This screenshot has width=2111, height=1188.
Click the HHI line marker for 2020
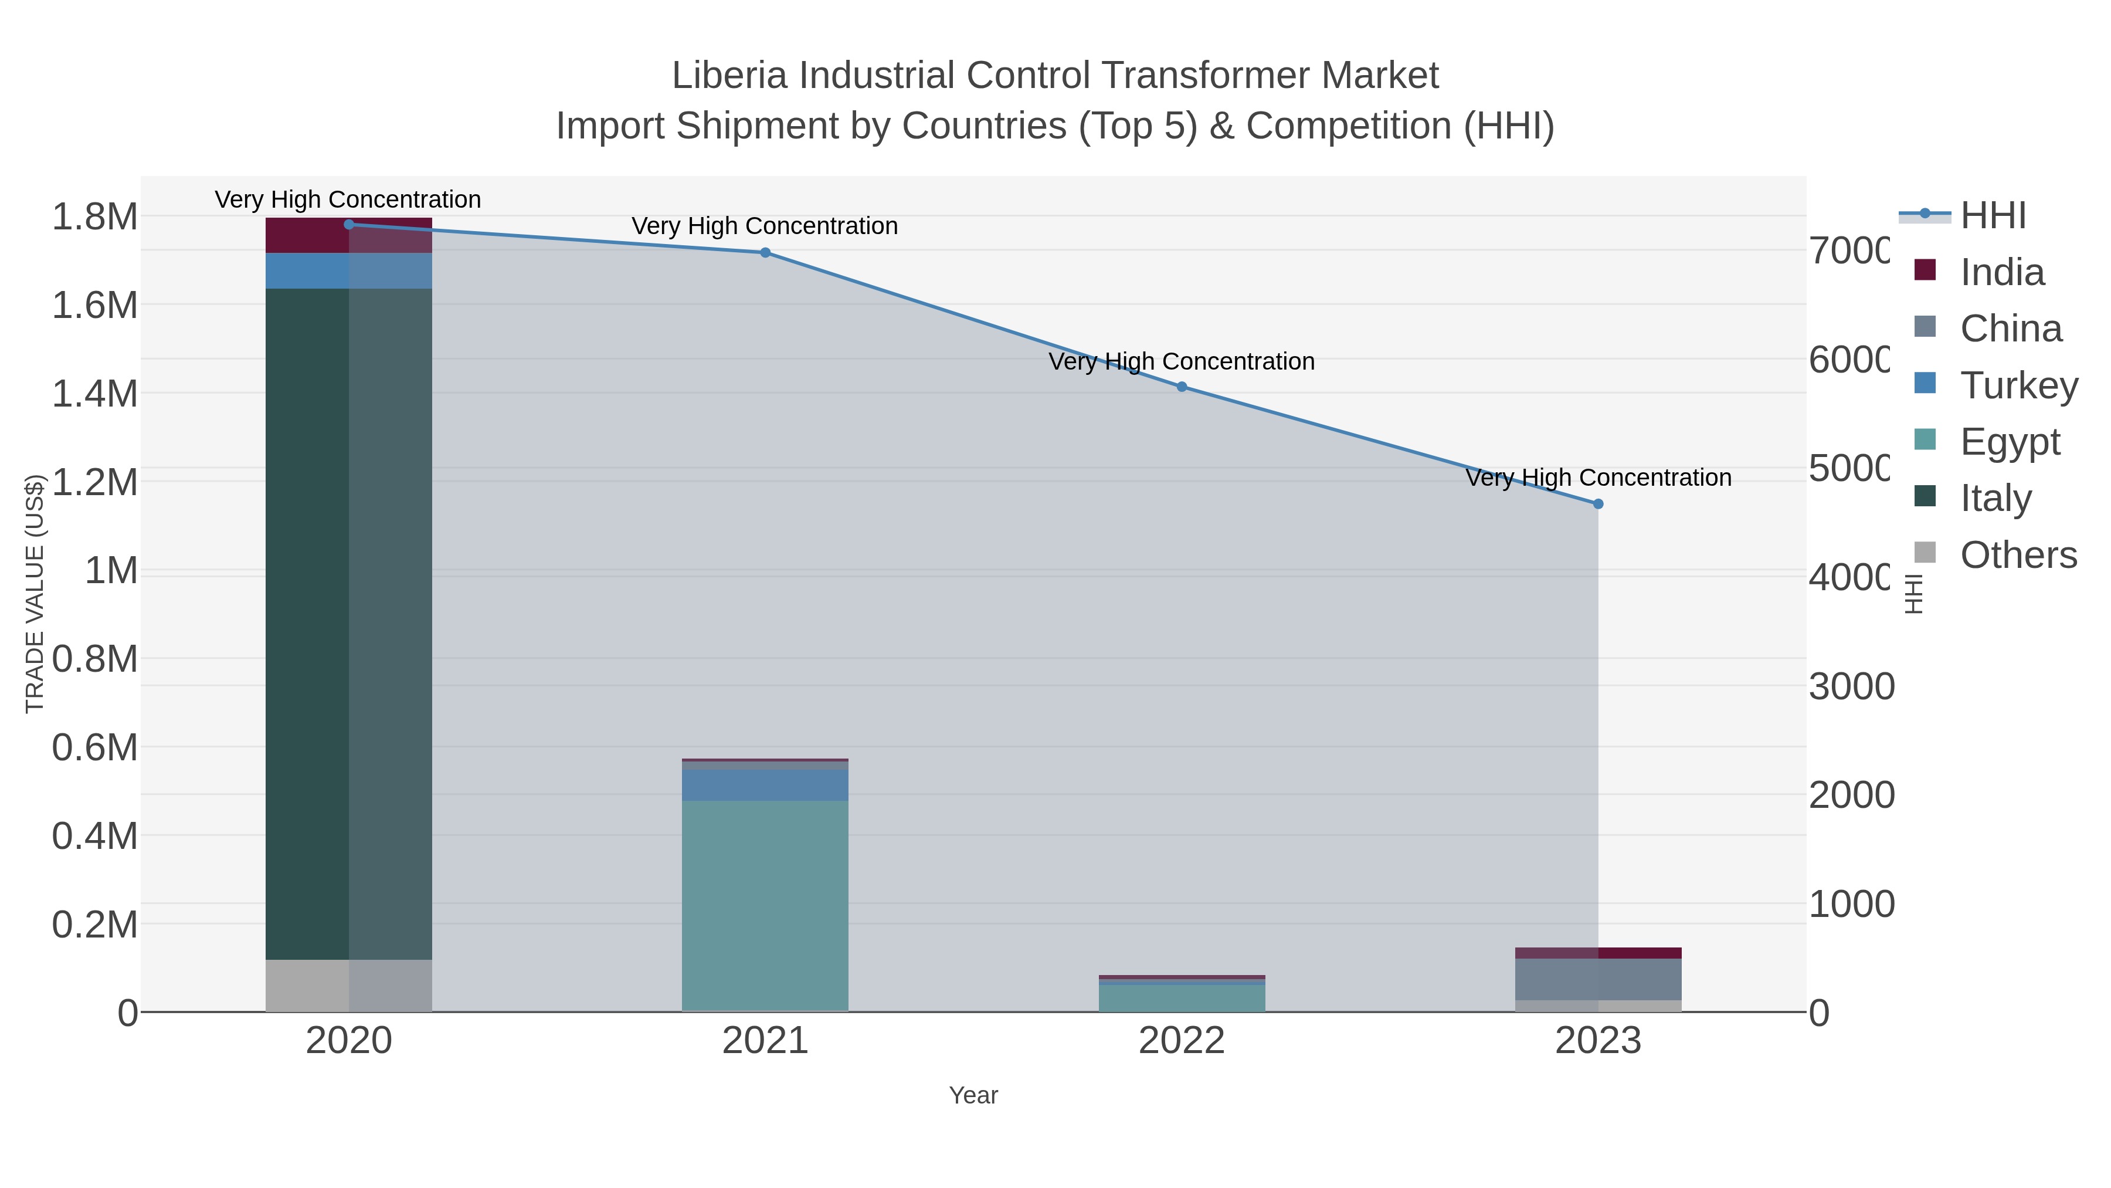click(x=349, y=225)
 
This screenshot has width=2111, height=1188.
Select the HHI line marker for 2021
click(x=765, y=252)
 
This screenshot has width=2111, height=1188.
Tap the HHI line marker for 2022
click(x=1182, y=387)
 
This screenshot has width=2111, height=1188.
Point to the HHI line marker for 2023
click(x=1598, y=504)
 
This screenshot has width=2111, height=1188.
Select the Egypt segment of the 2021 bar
click(x=765, y=905)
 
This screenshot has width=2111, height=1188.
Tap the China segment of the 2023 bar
click(x=1598, y=979)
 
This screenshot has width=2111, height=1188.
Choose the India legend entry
click(x=2002, y=272)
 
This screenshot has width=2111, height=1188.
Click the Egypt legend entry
click(x=2010, y=442)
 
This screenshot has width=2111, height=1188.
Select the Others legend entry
click(x=2018, y=555)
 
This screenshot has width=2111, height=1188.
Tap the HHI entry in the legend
click(x=1993, y=216)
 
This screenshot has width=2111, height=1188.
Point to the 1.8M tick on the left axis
click(x=95, y=217)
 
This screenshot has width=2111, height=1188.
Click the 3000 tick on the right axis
click(x=1851, y=686)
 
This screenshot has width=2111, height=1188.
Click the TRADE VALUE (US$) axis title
click(x=35, y=594)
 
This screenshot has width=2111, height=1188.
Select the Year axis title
click(x=973, y=1095)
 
